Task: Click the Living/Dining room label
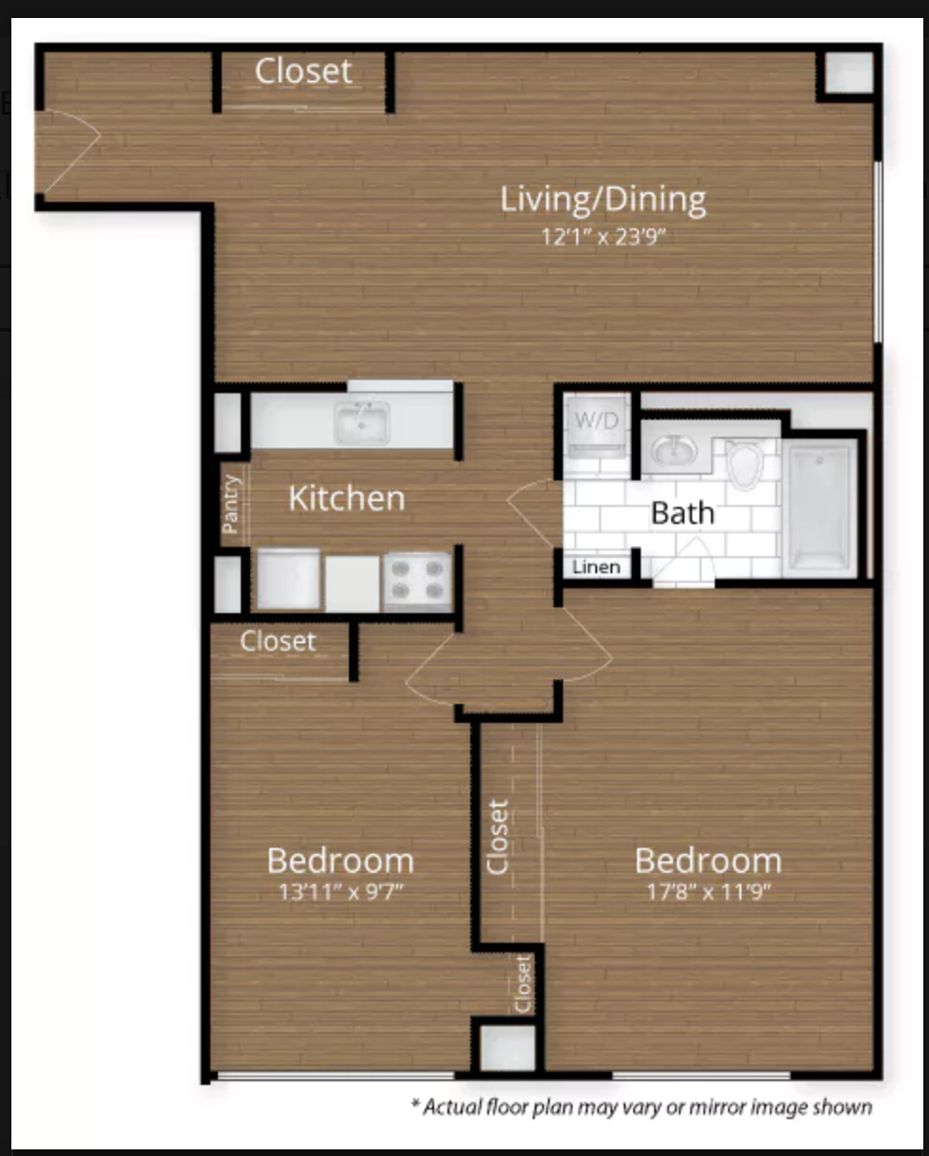coord(603,200)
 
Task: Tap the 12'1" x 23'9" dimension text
coord(603,237)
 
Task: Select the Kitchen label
coord(347,498)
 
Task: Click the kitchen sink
coord(362,424)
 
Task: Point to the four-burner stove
coord(417,581)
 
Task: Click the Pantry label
coord(229,504)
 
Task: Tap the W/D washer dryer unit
coord(597,427)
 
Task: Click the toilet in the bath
coord(744,463)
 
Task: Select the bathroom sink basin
coord(673,450)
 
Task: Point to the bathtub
coord(819,508)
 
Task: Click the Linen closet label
coord(596,567)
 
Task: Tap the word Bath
coord(683,513)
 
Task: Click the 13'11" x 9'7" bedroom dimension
coord(341,893)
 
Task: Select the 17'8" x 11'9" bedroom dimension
coord(708,893)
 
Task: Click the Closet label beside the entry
coord(303,71)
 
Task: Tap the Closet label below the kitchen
coord(278,641)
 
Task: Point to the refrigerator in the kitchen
coord(289,580)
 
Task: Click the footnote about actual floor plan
coord(642,1107)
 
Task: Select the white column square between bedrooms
coord(507,1048)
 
